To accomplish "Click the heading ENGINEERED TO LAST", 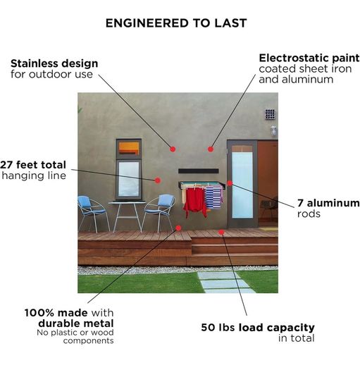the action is click(176, 23).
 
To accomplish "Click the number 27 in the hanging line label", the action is click(6, 165).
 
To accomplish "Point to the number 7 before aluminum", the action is click(300, 203).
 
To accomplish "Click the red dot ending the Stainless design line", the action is click(173, 149).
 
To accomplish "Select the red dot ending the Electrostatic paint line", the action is click(211, 149).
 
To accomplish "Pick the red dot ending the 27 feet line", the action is click(158, 180).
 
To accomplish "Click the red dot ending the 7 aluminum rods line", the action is click(230, 183).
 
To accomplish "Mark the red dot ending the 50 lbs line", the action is click(221, 233).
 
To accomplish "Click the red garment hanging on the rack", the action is click(195, 201).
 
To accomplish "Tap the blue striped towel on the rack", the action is click(213, 197).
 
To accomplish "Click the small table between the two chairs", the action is click(127, 215).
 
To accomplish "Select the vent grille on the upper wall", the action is click(270, 114).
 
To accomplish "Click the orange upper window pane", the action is click(128, 148).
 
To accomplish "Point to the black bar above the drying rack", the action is click(199, 171).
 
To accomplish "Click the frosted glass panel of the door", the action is click(242, 185).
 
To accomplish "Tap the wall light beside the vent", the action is click(273, 130).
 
